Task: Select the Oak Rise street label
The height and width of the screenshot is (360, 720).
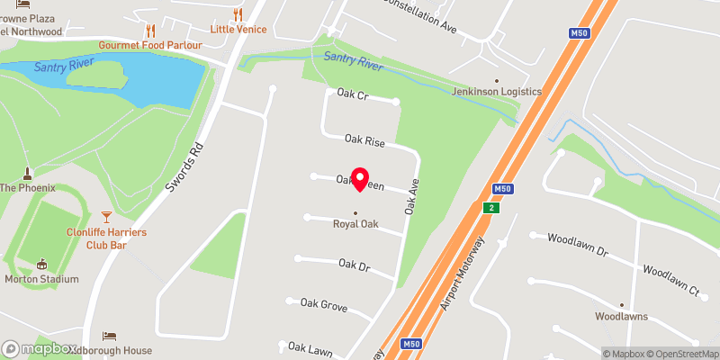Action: pos(364,140)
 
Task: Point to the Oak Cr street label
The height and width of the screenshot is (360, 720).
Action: pos(353,94)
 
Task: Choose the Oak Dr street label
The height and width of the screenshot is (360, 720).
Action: pos(355,265)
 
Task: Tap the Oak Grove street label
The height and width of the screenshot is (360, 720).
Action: pos(324,306)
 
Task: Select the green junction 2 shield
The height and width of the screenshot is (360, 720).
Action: pos(490,208)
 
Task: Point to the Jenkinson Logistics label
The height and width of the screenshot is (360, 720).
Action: pos(496,92)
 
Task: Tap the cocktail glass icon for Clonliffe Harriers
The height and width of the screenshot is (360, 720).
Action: pos(106,217)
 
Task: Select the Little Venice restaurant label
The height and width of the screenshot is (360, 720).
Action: pos(238,28)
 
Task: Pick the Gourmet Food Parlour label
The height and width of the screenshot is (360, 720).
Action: pos(149,45)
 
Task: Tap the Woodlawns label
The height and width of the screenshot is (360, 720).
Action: pos(620,317)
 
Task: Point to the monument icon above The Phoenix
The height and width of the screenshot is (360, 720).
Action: pos(27,173)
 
